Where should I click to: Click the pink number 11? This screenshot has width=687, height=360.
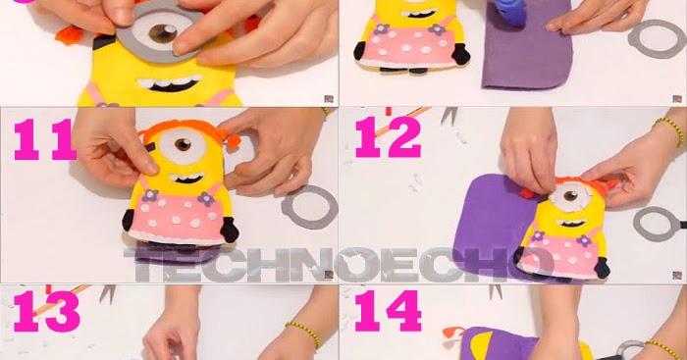point(45,139)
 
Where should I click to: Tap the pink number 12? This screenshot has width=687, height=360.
point(388,137)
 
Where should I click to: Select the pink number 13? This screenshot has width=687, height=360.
point(46,312)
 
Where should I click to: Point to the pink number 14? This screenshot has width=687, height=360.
point(388,311)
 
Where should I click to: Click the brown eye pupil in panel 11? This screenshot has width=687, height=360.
point(183,144)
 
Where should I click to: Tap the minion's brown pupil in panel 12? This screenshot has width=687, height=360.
point(570,196)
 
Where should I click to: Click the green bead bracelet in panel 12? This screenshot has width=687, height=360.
point(669,130)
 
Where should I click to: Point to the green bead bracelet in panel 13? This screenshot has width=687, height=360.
point(303,334)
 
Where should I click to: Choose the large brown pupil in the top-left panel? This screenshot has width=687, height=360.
point(163,33)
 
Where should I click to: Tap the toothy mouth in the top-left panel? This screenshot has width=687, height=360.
point(170,83)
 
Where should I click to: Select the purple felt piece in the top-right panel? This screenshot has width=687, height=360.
point(527,48)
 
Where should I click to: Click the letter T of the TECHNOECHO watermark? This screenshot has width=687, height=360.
point(143,265)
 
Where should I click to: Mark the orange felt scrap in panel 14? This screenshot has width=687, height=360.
point(452,334)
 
